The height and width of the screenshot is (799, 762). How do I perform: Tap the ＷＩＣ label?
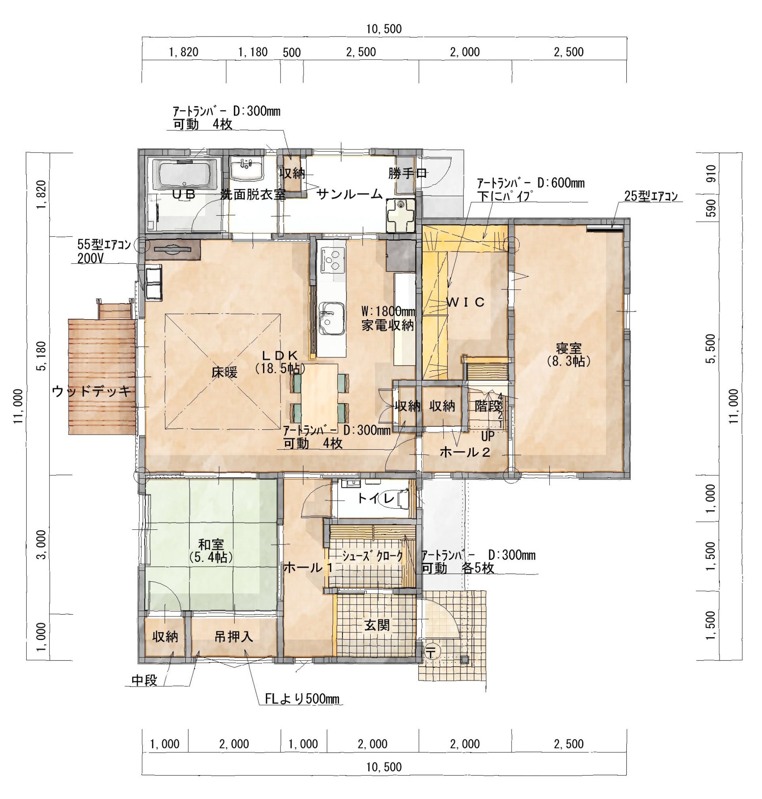[466, 302]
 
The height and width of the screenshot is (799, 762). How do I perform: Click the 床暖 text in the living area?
[224, 372]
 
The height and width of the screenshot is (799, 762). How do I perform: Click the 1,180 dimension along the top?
[253, 52]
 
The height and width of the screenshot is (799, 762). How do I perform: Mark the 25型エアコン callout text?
[651, 196]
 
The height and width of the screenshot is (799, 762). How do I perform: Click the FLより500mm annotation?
[302, 699]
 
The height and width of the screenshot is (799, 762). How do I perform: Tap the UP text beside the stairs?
[487, 437]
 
